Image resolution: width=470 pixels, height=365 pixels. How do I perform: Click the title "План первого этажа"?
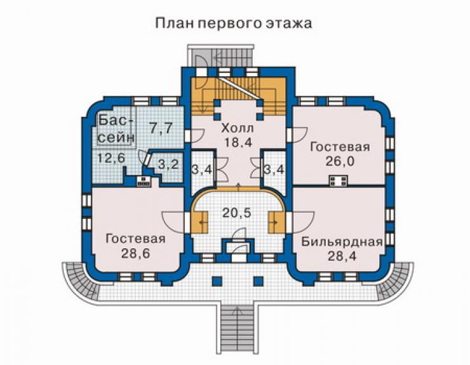click(x=234, y=23)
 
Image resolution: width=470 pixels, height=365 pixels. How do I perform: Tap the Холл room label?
click(x=238, y=128)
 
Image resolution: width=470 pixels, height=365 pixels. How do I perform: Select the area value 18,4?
click(x=238, y=142)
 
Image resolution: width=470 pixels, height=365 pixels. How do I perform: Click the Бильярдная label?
click(x=342, y=242)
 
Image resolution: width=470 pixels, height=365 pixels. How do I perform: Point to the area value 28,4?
click(x=342, y=256)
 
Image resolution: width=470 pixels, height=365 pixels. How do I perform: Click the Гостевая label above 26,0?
click(x=340, y=147)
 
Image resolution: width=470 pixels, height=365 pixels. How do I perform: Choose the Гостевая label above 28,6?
click(x=136, y=239)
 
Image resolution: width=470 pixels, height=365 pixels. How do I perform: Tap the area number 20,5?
click(x=237, y=213)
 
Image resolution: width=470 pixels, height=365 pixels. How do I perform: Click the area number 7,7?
click(x=161, y=128)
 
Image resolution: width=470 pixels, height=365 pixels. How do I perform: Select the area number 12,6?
click(x=111, y=158)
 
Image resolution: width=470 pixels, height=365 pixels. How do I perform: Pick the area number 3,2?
click(x=168, y=164)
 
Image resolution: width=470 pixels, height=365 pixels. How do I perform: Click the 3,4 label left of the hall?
click(x=202, y=170)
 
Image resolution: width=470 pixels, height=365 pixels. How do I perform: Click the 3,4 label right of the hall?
click(x=274, y=170)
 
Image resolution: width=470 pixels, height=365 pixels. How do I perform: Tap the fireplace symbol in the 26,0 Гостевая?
click(x=339, y=181)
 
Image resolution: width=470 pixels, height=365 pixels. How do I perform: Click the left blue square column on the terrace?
click(x=217, y=281)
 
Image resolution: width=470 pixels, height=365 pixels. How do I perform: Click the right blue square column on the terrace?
click(x=258, y=281)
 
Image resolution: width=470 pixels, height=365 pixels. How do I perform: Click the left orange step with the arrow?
click(x=199, y=222)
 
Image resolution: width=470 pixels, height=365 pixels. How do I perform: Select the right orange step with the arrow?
click(x=276, y=222)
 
